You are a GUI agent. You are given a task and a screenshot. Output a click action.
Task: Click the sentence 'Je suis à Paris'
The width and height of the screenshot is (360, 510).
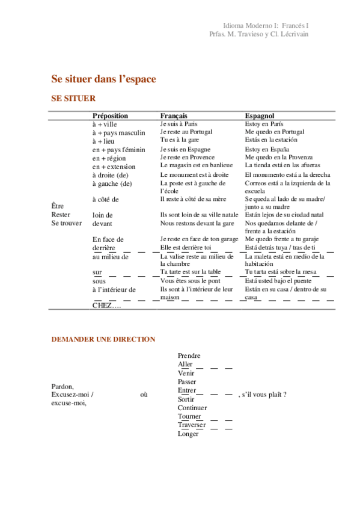point(178,123)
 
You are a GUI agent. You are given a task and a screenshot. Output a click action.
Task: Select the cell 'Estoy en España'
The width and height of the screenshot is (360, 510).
point(267,149)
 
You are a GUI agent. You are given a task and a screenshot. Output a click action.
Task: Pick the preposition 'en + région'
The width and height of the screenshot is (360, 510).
point(111,158)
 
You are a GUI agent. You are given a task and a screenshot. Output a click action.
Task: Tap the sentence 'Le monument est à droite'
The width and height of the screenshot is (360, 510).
point(194,174)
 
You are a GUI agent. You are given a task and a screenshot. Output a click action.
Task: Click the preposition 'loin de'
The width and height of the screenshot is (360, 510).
point(103,215)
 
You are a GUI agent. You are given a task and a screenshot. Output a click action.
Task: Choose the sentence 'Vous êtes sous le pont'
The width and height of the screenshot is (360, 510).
point(191,280)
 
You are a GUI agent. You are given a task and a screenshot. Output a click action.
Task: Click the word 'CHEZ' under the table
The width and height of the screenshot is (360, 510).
point(103,306)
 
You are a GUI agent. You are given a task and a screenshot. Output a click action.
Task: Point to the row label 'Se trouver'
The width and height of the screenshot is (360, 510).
point(66,223)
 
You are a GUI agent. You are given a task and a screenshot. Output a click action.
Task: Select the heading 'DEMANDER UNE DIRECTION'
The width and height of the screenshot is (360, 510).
point(103,339)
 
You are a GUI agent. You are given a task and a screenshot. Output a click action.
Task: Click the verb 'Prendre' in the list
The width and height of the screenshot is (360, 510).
point(189,356)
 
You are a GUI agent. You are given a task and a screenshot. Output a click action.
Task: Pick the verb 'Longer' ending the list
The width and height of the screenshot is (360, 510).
point(188,434)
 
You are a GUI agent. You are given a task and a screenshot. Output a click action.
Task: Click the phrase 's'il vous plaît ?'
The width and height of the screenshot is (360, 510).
point(261,395)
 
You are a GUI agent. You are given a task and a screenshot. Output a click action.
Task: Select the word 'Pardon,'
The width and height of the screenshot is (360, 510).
point(63,386)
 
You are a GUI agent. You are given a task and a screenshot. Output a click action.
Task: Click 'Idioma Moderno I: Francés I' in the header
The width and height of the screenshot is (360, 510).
point(266,26)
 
